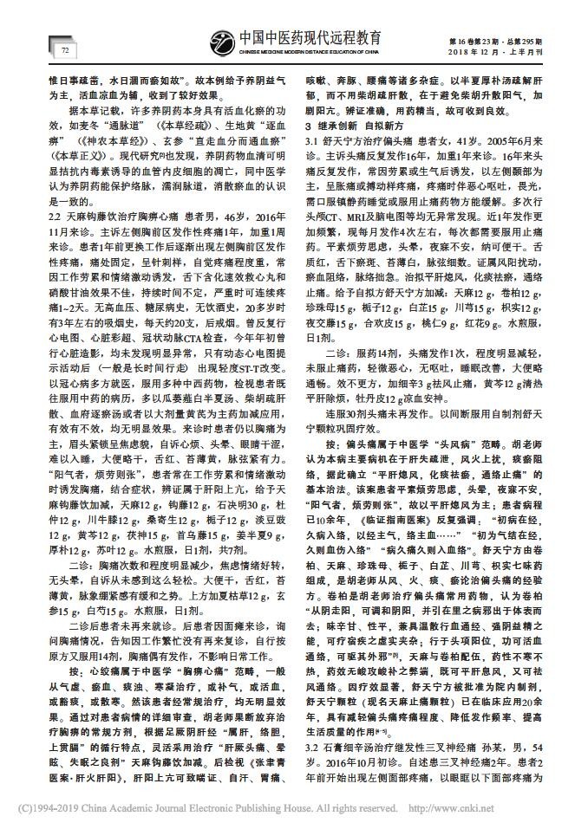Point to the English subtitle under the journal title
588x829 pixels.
pos(309,52)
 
